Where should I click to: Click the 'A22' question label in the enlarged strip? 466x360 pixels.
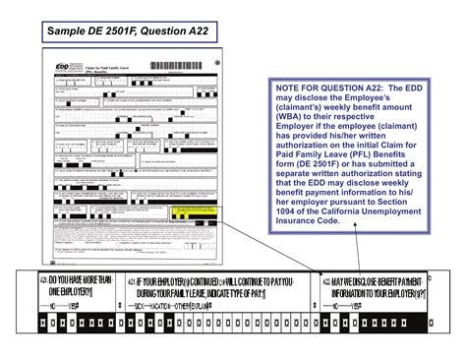327,281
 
